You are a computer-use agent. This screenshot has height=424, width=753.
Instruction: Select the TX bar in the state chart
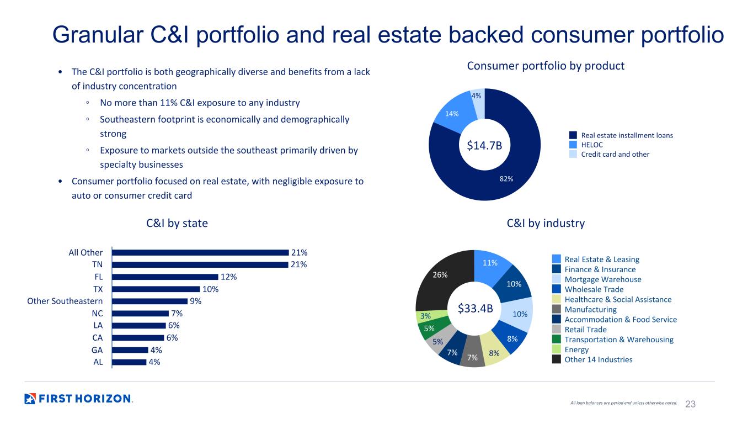pyautogui.click(x=156, y=289)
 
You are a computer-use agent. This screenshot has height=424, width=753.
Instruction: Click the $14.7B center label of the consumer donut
pyautogui.click(x=485, y=145)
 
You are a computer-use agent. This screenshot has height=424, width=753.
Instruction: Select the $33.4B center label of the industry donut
pyautogui.click(x=474, y=308)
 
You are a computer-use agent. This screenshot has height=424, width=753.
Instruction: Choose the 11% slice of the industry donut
pyautogui.click(x=490, y=263)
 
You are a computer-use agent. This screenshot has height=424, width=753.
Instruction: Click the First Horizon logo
pyautogui.click(x=78, y=399)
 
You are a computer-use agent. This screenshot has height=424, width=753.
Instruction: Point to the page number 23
pyautogui.click(x=690, y=404)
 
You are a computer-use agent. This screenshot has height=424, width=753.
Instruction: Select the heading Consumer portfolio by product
pyautogui.click(x=546, y=66)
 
